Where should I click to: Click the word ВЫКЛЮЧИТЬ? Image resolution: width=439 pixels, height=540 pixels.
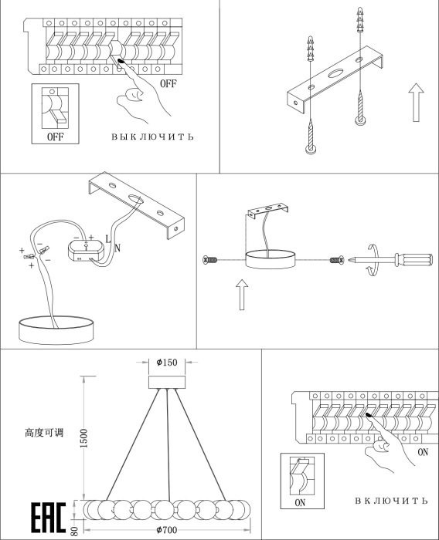[152, 137]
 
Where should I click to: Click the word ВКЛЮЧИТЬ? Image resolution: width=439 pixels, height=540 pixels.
[391, 501]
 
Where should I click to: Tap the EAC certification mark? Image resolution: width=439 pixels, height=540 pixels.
[49, 518]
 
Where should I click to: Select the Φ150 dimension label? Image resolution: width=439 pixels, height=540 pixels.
[167, 363]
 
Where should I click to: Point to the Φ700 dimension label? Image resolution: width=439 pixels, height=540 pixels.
[167, 529]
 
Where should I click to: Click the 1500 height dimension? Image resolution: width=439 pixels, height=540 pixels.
[83, 438]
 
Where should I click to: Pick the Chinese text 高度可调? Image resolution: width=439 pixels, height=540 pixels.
[44, 433]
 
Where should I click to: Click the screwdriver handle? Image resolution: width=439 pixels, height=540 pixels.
[413, 260]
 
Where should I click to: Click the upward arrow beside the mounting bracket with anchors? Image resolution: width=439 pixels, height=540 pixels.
[417, 103]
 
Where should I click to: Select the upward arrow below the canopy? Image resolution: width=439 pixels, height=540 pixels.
[242, 295]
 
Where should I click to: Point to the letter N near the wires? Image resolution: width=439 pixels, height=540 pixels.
[117, 248]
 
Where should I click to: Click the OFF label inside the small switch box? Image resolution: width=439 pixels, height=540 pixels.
[55, 137]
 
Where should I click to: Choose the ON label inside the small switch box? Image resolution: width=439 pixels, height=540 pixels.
[300, 503]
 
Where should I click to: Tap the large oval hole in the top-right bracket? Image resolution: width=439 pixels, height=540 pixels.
[335, 73]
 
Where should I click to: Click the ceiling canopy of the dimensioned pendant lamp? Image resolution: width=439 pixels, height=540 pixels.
[167, 383]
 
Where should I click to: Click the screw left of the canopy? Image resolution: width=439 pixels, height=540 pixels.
[210, 260]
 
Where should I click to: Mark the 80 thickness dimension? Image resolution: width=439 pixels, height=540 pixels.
[74, 531]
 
